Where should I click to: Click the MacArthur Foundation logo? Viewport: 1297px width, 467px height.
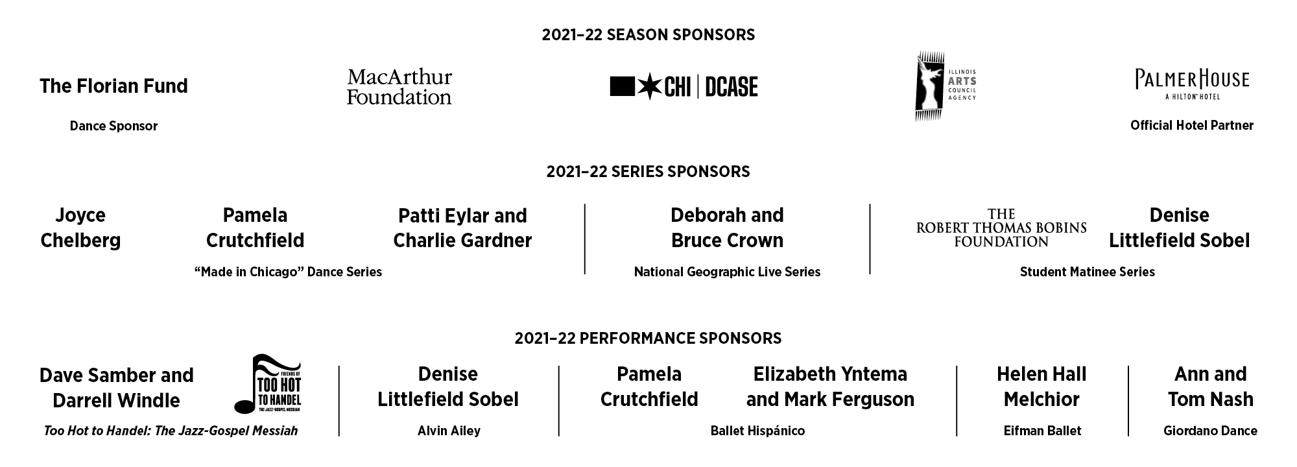point(399,87)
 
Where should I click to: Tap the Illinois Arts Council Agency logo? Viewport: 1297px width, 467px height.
point(946,86)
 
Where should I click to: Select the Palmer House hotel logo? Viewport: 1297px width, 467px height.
point(1192,84)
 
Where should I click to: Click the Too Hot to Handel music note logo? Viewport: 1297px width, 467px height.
point(268,384)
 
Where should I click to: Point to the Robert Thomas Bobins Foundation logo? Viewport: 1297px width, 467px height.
point(1001,228)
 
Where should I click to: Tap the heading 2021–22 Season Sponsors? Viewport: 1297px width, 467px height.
point(648,34)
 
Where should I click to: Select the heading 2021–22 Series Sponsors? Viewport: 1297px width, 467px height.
point(648,171)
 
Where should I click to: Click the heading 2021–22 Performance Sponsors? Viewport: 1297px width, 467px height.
point(648,338)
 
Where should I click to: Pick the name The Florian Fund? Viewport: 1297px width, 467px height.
point(113,86)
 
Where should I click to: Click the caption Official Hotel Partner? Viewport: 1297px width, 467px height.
point(1192,125)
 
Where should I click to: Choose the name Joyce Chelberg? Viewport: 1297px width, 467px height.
point(80,228)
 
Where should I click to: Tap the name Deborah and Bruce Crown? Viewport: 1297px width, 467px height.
point(728,228)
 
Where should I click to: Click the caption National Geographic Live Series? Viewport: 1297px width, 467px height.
point(728,272)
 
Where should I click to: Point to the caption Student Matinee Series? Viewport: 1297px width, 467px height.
point(1088,272)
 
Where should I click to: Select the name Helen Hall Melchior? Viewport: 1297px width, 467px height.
point(1042,387)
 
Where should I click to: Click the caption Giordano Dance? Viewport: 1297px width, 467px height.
point(1210,431)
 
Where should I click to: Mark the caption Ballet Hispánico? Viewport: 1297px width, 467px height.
point(757,431)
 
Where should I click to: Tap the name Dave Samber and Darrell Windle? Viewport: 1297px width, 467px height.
point(117,388)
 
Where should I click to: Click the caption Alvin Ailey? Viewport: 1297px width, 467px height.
point(449,431)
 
